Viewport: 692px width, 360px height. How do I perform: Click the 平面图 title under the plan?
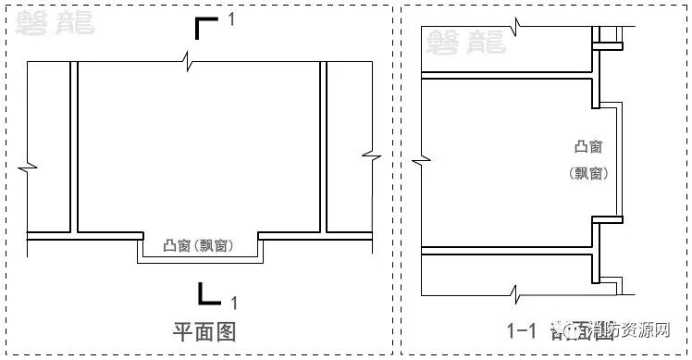pyautogui.click(x=204, y=331)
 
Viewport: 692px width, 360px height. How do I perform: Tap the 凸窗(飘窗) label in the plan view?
pyautogui.click(x=197, y=246)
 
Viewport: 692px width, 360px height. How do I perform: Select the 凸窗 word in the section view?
pyautogui.click(x=587, y=147)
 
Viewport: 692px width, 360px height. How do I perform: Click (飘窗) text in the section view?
pyautogui.click(x=587, y=172)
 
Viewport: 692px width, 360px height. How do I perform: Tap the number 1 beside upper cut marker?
pyautogui.click(x=231, y=18)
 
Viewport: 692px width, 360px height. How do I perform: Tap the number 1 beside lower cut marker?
pyautogui.click(x=234, y=302)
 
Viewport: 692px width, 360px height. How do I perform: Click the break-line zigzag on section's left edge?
pyautogui.click(x=422, y=164)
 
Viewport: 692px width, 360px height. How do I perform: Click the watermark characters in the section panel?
pyautogui.click(x=463, y=40)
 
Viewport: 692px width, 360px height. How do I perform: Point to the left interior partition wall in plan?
pyautogui.click(x=73, y=148)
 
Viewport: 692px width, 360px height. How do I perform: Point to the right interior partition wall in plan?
pyautogui.click(x=323, y=148)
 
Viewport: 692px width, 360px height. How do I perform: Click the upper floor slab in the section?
pyautogui.click(x=507, y=75)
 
